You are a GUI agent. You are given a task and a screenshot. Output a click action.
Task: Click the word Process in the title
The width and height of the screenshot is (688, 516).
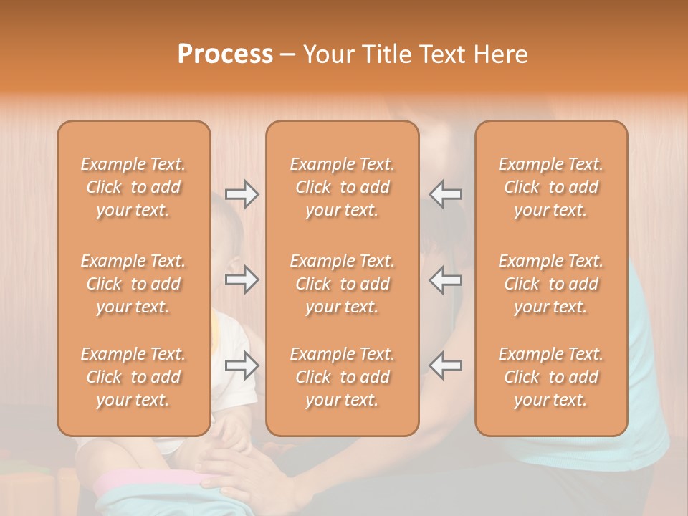click(225, 54)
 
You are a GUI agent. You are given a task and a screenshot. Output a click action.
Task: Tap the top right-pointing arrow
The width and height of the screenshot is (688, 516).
click(242, 194)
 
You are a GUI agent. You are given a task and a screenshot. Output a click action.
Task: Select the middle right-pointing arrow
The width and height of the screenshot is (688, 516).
click(242, 279)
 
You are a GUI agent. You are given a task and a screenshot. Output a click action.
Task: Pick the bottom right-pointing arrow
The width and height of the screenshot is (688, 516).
click(242, 365)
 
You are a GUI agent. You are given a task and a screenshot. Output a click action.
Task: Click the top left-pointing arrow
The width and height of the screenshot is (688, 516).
click(446, 194)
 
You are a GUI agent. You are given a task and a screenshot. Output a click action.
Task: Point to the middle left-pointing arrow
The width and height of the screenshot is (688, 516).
click(446, 279)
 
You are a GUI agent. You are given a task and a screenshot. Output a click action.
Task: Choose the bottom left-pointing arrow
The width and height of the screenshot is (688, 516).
click(446, 365)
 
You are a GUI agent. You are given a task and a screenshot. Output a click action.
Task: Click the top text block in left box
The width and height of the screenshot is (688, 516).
click(133, 187)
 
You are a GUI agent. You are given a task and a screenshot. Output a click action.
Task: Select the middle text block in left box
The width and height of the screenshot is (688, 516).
click(133, 284)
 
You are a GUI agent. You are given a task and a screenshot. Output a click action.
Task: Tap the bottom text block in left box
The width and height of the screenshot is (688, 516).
click(133, 377)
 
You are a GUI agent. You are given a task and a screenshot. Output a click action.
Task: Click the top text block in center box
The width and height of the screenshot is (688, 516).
click(343, 187)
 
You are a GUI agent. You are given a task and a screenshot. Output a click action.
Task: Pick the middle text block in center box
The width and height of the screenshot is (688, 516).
click(343, 284)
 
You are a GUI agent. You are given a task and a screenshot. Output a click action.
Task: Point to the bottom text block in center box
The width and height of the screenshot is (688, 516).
click(343, 377)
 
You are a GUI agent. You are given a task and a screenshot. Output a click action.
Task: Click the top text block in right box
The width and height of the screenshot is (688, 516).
click(551, 187)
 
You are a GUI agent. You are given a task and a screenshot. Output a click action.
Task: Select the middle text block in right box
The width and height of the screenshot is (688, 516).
click(551, 284)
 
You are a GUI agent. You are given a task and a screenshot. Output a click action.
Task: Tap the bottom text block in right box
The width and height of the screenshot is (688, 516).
click(551, 377)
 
